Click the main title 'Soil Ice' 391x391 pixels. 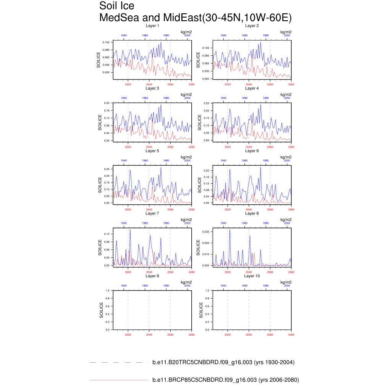pos(116,6)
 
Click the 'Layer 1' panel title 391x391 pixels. pos(152,26)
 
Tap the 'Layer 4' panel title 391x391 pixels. pos(252,88)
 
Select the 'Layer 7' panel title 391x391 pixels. pos(152,213)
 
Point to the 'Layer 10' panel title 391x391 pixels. pos(252,276)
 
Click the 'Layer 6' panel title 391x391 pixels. pos(252,151)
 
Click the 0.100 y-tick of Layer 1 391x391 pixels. pos(106,42)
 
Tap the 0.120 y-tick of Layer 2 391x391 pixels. pos(206,48)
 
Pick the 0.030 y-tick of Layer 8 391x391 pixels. pos(206,232)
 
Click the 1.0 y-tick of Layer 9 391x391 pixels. pos(108,291)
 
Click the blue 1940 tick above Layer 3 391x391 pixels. pos(124,98)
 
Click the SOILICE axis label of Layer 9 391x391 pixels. pos(101,310)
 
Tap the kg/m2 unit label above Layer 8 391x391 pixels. pos(286,220)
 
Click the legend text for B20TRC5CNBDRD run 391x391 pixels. pos(223,362)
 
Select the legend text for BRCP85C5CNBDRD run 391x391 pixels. pos(225,380)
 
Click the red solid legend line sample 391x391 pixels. pos(118,380)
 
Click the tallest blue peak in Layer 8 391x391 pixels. pos(229,230)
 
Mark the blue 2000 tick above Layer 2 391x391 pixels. pos(287,35)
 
